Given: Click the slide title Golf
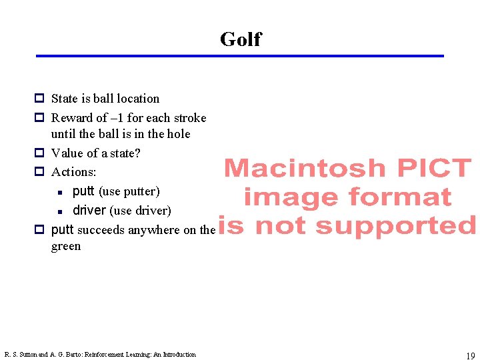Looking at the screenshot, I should point(240,39).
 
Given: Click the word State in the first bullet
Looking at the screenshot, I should point(65,99).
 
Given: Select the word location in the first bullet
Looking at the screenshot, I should point(138,99).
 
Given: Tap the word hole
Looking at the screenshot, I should point(178,134).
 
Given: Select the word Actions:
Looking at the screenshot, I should point(74,172).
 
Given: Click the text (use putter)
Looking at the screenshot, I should point(129,192).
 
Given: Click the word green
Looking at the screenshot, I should point(66,246).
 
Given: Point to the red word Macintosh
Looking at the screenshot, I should point(304,169).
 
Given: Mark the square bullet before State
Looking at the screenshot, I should point(39,99).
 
